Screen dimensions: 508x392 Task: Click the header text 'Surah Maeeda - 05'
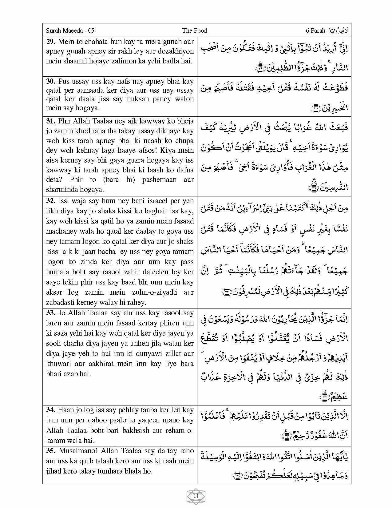(70, 30)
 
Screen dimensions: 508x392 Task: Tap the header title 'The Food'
(194, 30)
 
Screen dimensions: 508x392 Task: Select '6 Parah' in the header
(315, 30)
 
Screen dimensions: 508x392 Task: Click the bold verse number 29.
(51, 42)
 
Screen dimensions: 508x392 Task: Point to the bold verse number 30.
(51, 81)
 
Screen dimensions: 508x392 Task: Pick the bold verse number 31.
(51, 121)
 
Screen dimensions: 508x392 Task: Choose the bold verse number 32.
(51, 201)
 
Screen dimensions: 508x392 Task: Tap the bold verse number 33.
(51, 313)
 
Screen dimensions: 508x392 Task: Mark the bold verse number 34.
(51, 410)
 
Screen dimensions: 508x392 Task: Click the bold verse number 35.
(51, 451)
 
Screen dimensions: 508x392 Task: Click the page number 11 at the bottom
(196, 496)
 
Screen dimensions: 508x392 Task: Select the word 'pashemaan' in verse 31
(159, 179)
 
